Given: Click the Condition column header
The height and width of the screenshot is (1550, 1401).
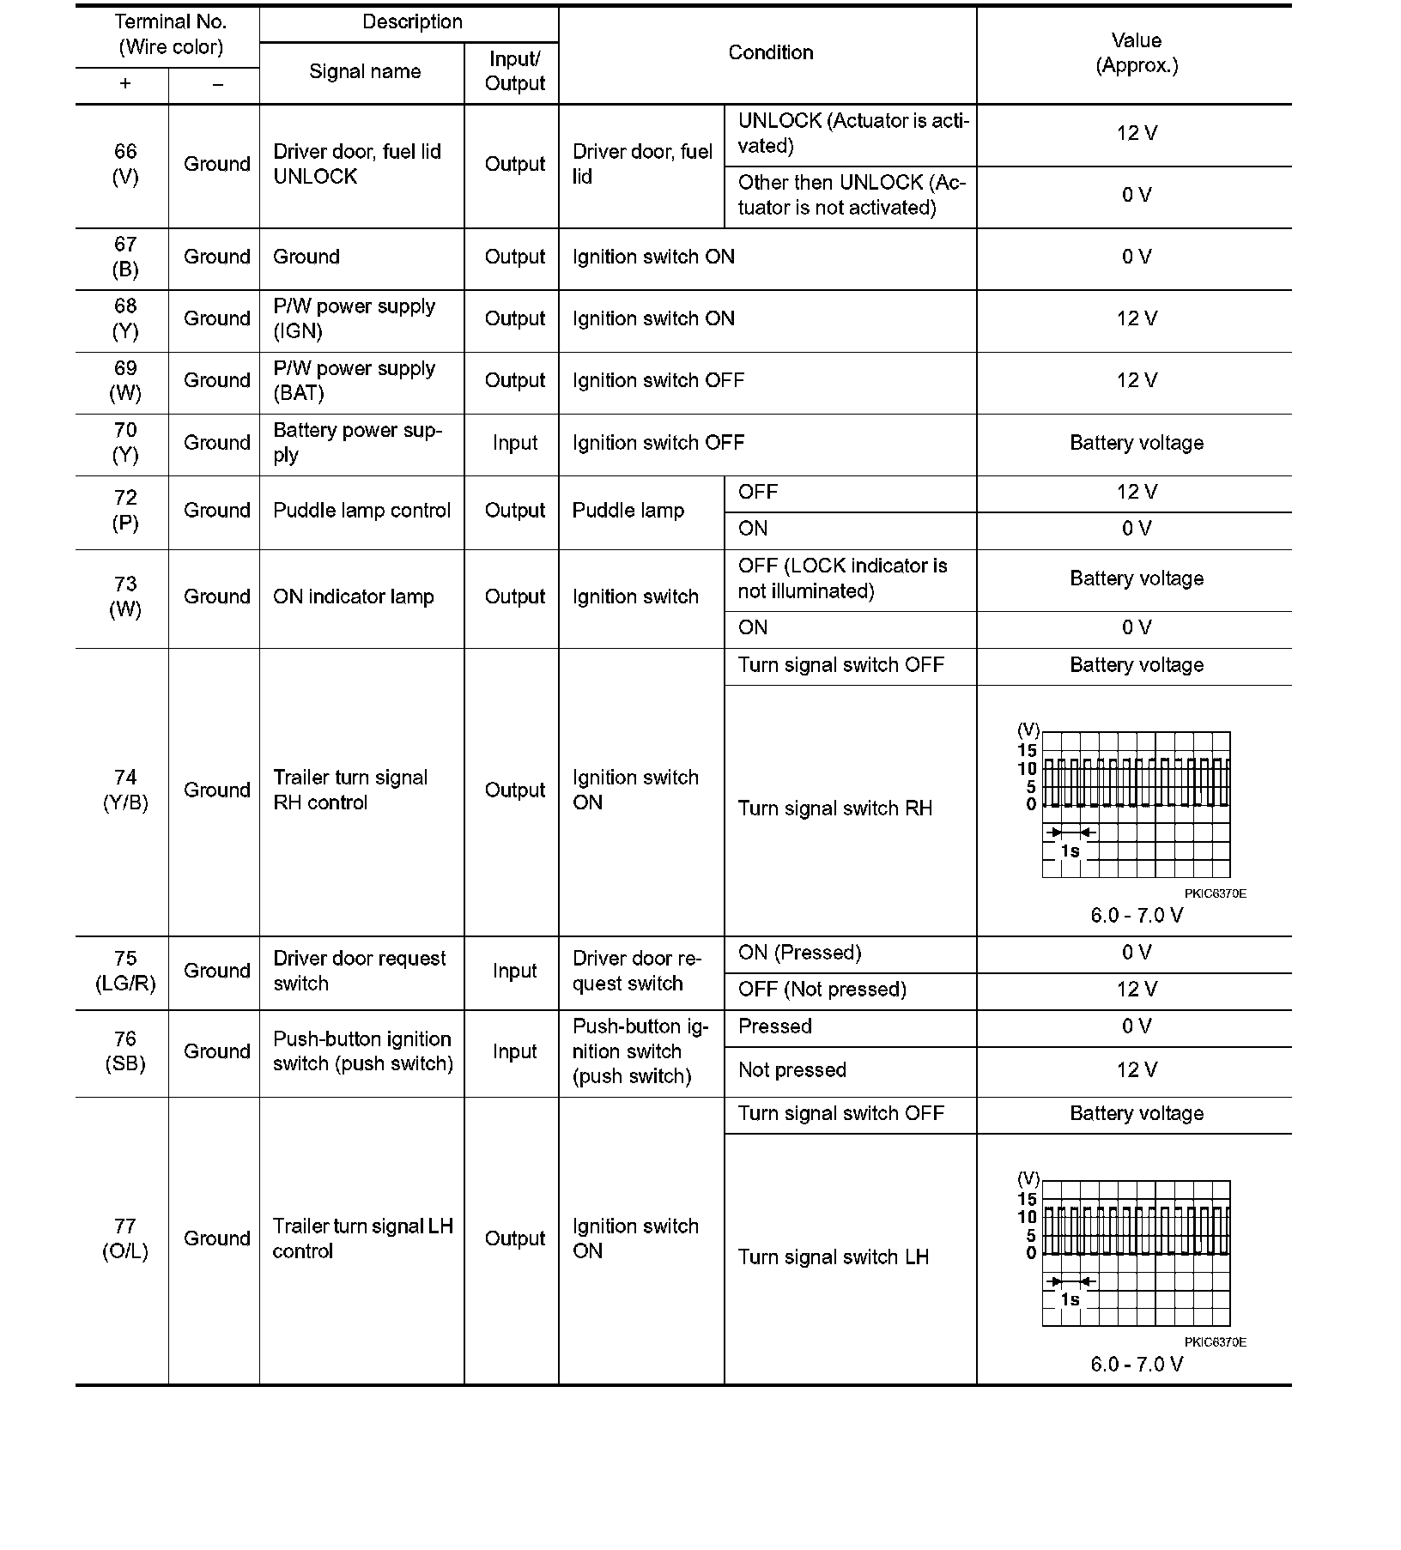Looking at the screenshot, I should pos(770,53).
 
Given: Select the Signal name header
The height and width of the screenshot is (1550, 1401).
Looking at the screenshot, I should pos(365,72).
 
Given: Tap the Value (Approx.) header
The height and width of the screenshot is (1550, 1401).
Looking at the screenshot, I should pos(1136,53).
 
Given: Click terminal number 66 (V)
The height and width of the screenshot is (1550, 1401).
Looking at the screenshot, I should pos(125,164).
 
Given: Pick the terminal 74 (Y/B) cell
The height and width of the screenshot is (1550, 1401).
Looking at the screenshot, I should pos(125,790).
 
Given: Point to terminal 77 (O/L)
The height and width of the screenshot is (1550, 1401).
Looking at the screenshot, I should pos(125,1238).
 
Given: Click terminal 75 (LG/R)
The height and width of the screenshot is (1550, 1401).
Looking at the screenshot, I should pos(125,971).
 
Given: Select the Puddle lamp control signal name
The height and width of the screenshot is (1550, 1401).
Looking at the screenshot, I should pos(361,511).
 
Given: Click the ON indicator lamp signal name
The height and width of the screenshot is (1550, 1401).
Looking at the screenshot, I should pos(354,597).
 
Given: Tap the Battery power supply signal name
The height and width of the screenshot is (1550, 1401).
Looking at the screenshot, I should pos(357,443).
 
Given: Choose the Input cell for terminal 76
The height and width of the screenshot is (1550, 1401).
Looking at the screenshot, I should pos(514,1052).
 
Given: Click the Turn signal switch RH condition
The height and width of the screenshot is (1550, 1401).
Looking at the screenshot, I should pos(834,808).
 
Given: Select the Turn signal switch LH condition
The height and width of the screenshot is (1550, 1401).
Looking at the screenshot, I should pos(833,1257).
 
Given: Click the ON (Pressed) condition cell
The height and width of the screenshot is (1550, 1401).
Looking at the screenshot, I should pos(799,953).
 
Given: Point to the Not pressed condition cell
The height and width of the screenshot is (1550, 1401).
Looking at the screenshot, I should pos(791,1070).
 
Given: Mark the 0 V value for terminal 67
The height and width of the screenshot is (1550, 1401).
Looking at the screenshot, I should pos(1136,257).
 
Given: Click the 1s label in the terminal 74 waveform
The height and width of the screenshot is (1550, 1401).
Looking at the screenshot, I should pos(1070,851).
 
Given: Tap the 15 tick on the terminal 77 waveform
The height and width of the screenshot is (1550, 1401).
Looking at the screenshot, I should pos(1027,1199).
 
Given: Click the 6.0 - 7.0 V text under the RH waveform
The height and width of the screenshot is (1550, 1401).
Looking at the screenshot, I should pos(1136,916).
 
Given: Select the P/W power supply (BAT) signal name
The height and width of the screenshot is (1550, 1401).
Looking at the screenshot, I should pos(354,381).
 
